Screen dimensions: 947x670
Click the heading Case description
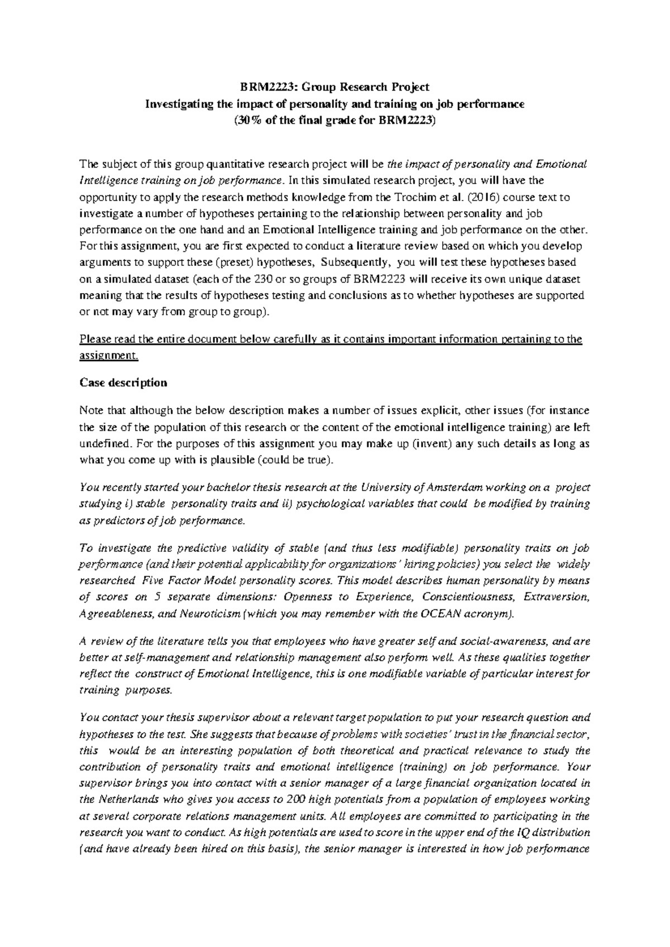pos(123,382)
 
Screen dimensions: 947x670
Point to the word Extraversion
pos(556,597)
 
